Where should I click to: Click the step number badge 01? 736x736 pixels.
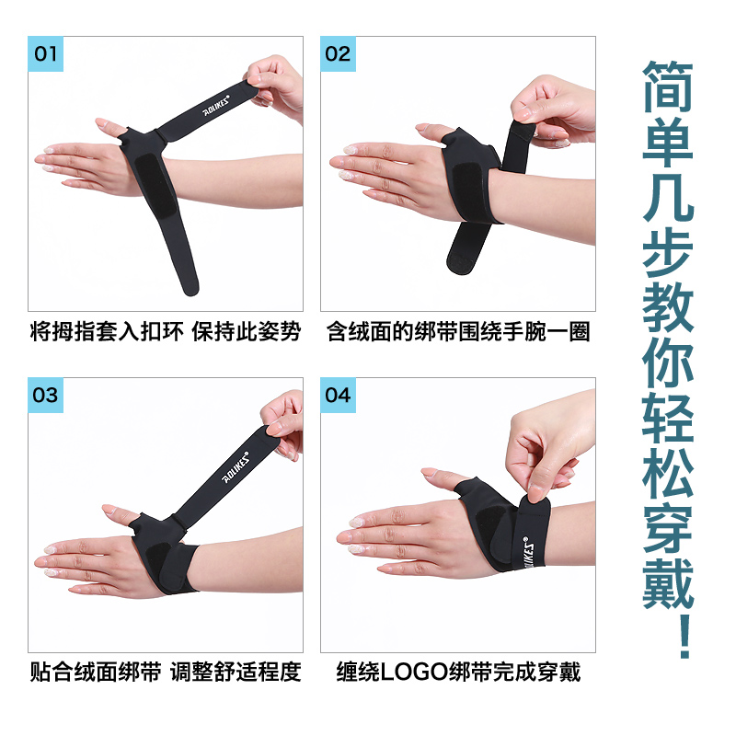coord(46,54)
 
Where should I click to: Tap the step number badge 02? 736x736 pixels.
coord(338,54)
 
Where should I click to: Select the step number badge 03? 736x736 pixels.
coord(46,395)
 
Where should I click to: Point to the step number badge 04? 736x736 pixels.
coord(338,395)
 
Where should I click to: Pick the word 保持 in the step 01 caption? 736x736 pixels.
coord(213,332)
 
